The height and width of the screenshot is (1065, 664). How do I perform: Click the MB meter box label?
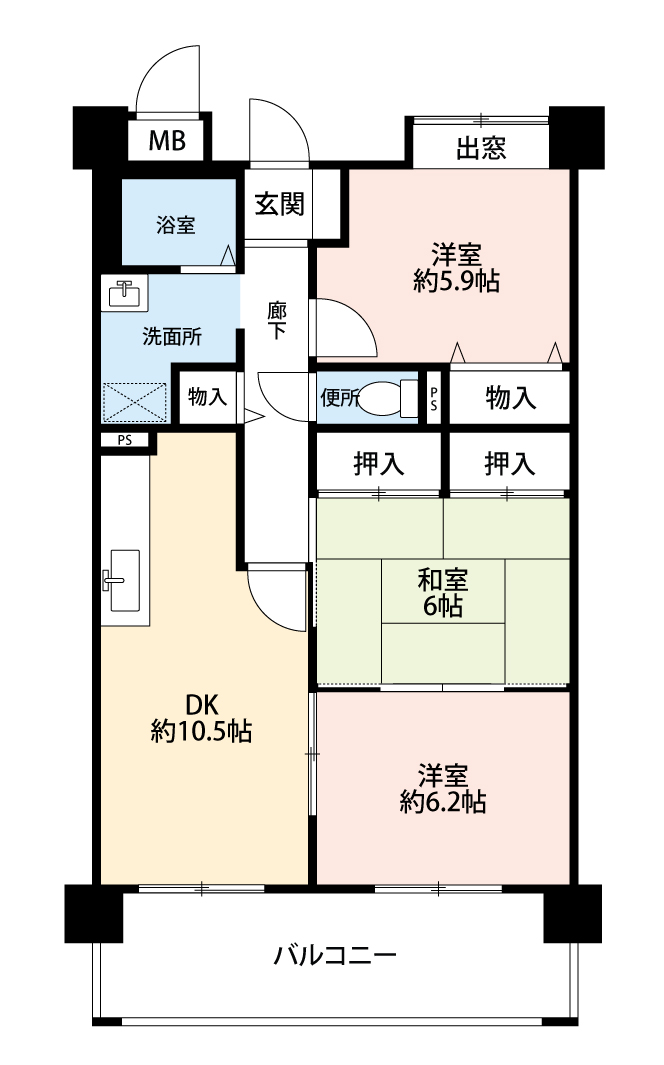coord(167,141)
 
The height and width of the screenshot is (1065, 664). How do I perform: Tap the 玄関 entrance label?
coord(279,203)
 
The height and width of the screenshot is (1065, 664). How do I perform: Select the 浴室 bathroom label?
coord(176,224)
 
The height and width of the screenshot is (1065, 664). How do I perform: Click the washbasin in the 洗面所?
coord(125,293)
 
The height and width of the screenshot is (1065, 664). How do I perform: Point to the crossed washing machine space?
coord(134,402)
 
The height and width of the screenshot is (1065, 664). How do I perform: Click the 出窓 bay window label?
coord(481,147)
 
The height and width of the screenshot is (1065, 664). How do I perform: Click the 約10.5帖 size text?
coord(202,731)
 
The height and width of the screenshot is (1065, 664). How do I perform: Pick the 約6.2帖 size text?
coord(443,802)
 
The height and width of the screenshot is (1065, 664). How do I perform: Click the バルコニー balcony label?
coord(335,956)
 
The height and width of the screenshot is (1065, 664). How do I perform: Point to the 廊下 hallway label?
coord(276,321)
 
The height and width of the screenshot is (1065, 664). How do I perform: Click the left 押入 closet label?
coord(379,464)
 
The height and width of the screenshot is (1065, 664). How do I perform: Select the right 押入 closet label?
coord(510,464)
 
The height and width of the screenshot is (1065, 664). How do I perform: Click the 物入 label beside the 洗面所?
coord(207,397)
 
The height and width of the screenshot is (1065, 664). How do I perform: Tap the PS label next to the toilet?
coord(433,397)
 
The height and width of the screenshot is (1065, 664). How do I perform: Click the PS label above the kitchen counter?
coord(124,440)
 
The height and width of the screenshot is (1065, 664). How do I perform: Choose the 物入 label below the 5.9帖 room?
coord(511,398)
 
